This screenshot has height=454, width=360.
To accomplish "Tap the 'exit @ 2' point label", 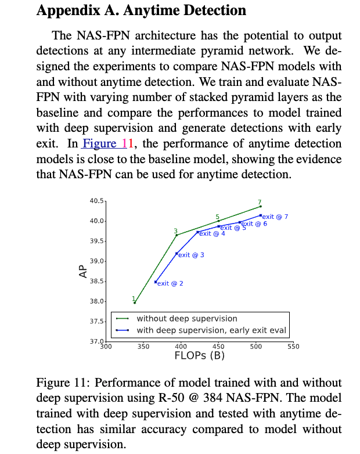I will [170, 283].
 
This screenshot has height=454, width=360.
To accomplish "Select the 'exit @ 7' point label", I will [275, 217].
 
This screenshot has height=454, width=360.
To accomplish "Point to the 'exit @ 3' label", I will [191, 255].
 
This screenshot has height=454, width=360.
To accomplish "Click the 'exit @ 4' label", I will [212, 233].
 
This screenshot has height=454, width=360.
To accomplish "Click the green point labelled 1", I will [135, 302].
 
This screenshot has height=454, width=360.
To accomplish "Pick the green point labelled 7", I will [260, 206].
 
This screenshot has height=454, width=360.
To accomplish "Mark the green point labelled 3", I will [177, 235].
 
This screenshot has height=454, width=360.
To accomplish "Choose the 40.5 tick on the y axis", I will [96, 201].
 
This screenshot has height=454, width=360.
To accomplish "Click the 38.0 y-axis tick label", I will [96, 301].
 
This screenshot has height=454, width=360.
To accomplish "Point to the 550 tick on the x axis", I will [293, 347].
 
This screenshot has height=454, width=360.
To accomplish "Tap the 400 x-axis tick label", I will [181, 347].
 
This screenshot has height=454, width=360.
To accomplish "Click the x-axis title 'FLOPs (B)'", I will [199, 356].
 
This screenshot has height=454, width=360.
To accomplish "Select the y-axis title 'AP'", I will [83, 271].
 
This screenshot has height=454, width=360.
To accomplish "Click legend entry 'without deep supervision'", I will [186, 319].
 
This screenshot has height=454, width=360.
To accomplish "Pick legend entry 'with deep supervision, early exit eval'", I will [211, 330].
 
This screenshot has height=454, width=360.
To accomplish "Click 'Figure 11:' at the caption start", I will [63, 383].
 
